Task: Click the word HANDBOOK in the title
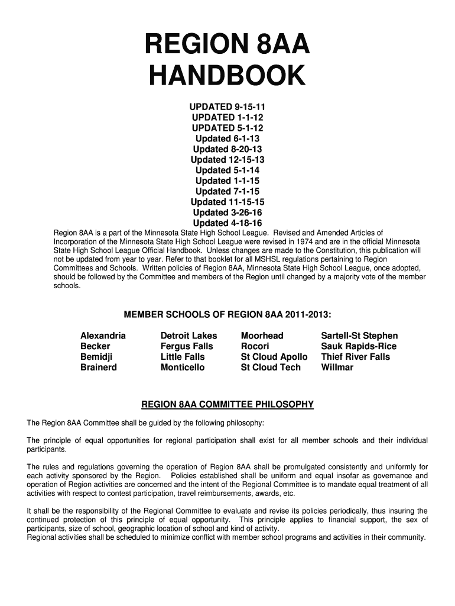point(227,76)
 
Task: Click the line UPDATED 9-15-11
point(227,107)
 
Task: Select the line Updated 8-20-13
point(227,149)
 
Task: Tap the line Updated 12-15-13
point(227,160)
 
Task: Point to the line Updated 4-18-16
point(227,224)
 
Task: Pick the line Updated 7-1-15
point(227,192)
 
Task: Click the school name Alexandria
point(103,336)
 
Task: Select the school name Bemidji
point(96,357)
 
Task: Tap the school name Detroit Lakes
point(188,336)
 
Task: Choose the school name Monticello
point(183,368)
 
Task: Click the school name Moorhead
point(262,336)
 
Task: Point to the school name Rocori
point(255,346)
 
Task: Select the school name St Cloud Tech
point(271,368)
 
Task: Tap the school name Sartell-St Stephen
point(359,336)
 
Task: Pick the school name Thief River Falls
point(355,357)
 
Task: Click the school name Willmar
point(337,368)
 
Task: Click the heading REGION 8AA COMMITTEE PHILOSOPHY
point(227,405)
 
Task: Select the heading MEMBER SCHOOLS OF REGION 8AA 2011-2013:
point(227,314)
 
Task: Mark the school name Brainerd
point(99,368)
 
